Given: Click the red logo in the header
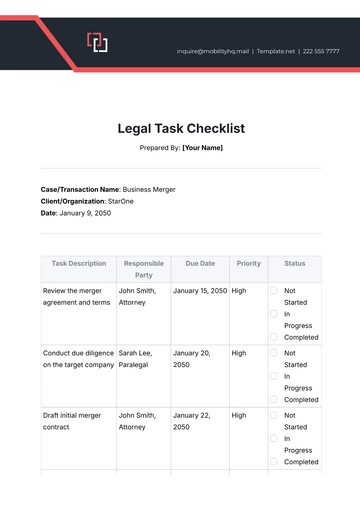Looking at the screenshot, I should click(97, 42).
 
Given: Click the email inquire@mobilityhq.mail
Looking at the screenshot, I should click(213, 50).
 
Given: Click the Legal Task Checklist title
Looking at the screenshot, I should click(180, 128).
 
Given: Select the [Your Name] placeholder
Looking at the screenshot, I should click(202, 148).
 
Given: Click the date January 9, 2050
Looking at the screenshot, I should click(86, 213).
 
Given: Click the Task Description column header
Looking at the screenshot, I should click(79, 263).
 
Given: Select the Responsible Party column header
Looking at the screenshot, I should click(143, 269).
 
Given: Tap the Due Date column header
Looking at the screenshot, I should click(200, 263).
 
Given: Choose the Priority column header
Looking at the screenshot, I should click(248, 263).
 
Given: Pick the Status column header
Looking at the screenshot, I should click(294, 263).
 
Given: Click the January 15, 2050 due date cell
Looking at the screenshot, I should click(200, 290).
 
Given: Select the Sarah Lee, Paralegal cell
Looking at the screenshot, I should click(142, 358).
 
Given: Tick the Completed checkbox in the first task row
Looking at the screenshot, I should click(274, 337).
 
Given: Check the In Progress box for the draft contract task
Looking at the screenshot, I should click(274, 438).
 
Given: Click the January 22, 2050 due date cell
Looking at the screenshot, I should click(192, 420).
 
